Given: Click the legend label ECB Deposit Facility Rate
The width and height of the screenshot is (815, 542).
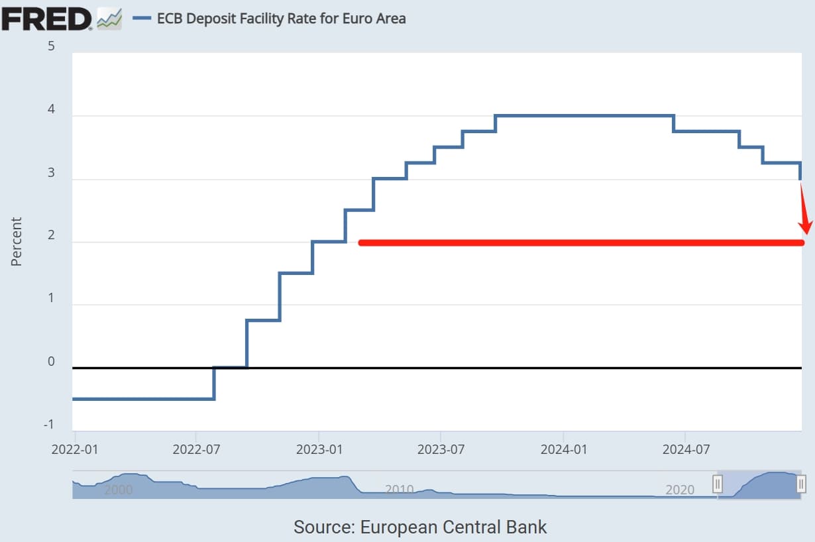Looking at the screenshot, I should click(281, 19).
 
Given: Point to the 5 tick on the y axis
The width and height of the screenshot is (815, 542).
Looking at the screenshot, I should click(51, 46).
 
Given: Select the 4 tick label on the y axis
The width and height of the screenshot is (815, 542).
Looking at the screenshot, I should click(51, 110).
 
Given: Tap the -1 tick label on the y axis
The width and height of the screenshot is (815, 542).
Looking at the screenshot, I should click(48, 425).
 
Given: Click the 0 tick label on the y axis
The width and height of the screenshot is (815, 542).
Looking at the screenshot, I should click(51, 362).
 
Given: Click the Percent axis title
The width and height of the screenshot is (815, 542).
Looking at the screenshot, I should click(17, 241).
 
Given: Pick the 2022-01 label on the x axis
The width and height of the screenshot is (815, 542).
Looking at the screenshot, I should click(74, 449).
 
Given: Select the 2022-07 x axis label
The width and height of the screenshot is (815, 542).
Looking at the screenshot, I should click(196, 449).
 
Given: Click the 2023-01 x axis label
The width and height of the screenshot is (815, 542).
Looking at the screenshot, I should click(319, 449).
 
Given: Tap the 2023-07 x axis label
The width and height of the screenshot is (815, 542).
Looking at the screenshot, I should click(441, 449).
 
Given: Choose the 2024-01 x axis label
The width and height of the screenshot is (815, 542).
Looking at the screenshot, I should click(563, 449).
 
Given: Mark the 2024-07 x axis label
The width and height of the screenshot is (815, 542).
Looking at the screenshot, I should click(685, 449).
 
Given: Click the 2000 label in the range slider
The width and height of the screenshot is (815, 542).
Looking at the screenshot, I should click(119, 490).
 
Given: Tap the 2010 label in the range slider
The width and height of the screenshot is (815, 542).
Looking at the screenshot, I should click(400, 490).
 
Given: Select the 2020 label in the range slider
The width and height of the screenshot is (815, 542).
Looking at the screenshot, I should click(680, 490).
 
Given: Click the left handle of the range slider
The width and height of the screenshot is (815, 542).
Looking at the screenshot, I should click(717, 484).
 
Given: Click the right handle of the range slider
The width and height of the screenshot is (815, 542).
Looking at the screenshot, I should click(800, 484).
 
